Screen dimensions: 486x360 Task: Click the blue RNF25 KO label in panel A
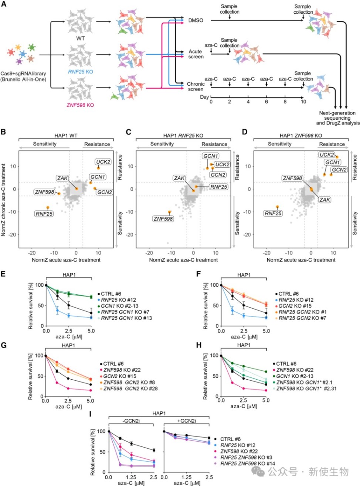coord(80,72)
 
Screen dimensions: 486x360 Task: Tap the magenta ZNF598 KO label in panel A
coord(80,105)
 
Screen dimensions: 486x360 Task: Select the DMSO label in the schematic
coord(196,20)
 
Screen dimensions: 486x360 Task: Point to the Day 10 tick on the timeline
coord(303,102)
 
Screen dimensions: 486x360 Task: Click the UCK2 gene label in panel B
coord(103,162)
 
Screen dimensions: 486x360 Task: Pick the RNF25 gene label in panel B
coord(44,213)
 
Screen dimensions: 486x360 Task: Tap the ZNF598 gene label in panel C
coord(163,219)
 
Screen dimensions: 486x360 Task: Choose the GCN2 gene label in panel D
coord(339,170)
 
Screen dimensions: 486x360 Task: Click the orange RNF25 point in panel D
coord(277,207)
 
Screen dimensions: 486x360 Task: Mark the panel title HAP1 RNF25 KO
coord(183,136)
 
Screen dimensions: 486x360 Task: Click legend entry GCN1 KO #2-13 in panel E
coord(119,306)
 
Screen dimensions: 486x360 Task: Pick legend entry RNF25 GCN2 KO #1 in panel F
coord(302,312)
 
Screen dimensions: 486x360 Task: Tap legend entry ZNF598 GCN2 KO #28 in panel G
coord(130,389)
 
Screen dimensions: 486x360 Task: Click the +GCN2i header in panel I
coord(187,421)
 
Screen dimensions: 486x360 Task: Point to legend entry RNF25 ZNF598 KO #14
coord(248,463)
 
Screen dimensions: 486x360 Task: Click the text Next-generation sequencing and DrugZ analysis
coord(337,118)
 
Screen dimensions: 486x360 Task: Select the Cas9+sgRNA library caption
coord(23,76)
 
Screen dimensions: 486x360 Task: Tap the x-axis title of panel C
coord(183,260)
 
